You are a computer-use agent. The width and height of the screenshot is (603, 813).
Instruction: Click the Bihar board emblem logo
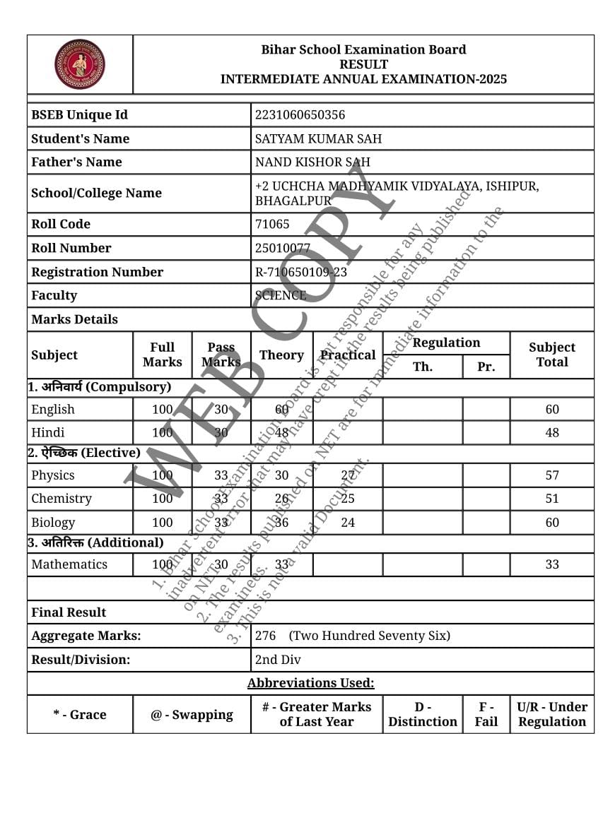80,64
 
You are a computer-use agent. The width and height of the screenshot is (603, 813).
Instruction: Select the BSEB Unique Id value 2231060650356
300,115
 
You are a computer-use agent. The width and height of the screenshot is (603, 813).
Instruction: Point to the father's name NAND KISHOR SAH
312,162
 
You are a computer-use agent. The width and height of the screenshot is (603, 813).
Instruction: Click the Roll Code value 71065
272,224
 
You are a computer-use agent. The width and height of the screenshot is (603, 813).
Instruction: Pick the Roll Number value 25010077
283,248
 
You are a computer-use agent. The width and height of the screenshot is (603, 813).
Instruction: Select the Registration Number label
97,272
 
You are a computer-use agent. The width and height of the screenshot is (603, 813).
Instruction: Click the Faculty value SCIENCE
281,295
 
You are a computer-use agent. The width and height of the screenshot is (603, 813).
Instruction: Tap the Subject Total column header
551,355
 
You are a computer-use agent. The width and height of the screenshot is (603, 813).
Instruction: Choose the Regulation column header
446,343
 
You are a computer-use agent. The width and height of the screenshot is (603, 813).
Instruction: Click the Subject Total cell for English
551,409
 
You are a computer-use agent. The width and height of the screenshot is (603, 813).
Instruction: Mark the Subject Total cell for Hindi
551,432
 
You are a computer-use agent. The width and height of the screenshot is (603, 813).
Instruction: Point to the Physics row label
53,475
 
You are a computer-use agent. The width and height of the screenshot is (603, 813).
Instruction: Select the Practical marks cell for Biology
347,523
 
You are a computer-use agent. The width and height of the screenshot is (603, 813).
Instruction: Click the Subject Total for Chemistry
551,499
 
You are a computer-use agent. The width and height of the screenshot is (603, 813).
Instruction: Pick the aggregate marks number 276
265,636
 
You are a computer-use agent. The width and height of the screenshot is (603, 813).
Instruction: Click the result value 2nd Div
278,660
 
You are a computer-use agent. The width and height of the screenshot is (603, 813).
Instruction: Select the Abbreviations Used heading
310,683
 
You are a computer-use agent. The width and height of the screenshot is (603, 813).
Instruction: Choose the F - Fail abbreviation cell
486,714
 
